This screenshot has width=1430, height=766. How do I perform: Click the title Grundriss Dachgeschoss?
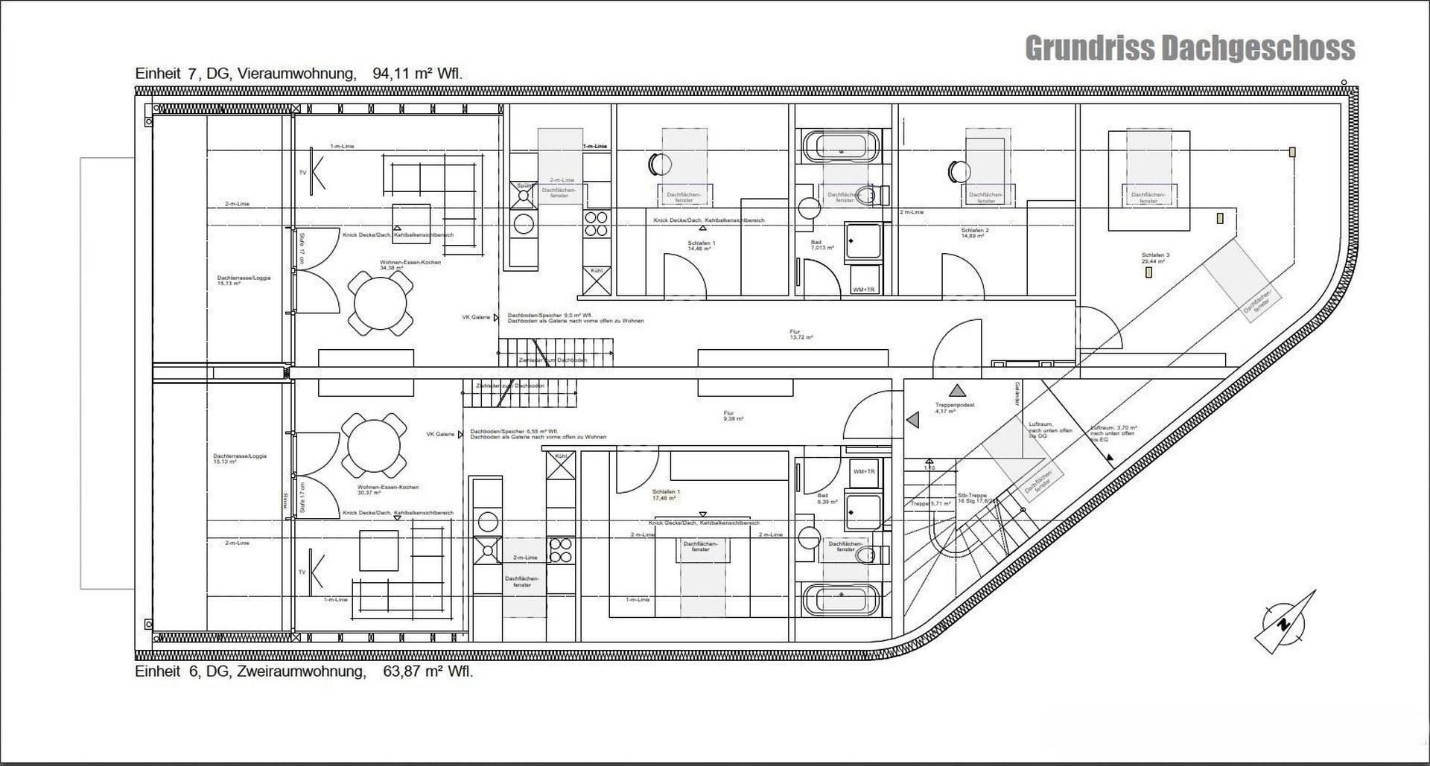click(1189, 48)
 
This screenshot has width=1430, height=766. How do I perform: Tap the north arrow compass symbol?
click(1283, 624)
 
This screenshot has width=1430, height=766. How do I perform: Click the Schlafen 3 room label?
click(1155, 258)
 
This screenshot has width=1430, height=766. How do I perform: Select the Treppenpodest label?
click(954, 408)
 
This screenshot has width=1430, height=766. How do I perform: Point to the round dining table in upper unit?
click(381, 304)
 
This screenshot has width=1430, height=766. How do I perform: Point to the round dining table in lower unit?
click(374, 445)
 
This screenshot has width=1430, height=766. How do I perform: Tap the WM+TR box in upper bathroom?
click(864, 289)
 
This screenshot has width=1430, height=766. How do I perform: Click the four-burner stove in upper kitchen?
click(596, 224)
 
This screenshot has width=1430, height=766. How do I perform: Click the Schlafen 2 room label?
click(974, 233)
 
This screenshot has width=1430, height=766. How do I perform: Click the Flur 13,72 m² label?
click(801, 335)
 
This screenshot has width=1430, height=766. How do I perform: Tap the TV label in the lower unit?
click(302, 572)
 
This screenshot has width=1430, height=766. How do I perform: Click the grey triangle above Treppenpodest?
click(958, 390)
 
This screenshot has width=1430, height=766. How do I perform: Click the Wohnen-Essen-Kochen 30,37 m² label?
click(387, 490)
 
